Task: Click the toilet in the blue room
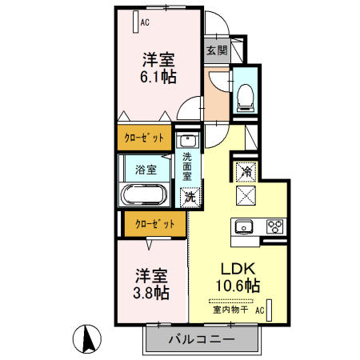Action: click(x=246, y=98)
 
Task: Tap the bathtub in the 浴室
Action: click(x=144, y=194)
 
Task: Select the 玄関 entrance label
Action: click(x=217, y=50)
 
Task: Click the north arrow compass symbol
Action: click(x=87, y=339)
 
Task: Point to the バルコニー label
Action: click(x=202, y=339)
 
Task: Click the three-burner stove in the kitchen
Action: click(x=275, y=226)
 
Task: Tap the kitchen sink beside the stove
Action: click(x=244, y=227)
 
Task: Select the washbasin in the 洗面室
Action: click(x=188, y=140)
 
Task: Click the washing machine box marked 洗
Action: click(x=190, y=198)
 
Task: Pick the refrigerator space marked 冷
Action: click(x=246, y=171)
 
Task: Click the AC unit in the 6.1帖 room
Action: click(x=136, y=22)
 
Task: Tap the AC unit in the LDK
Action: click(x=269, y=310)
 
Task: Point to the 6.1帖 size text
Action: click(x=158, y=77)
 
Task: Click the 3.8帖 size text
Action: click(x=151, y=293)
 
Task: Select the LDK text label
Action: click(x=238, y=269)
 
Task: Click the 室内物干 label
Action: click(x=230, y=310)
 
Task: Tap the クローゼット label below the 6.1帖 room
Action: click(x=144, y=138)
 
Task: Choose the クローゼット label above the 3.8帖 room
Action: click(x=155, y=224)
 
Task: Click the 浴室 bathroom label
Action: click(x=146, y=170)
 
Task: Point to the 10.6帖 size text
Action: click(x=238, y=286)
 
